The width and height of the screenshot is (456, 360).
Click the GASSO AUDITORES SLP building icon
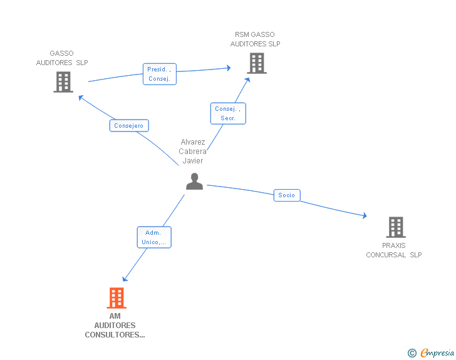coord(63,82)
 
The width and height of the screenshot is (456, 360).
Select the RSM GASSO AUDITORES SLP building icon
coord(257,63)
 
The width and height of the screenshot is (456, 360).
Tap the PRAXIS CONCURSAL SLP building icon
coord(396,227)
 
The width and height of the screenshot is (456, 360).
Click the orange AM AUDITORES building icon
coord(117,298)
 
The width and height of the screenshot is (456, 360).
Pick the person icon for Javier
coord(195,181)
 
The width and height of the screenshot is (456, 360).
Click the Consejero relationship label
coord(129,126)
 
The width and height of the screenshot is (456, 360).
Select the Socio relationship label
coord(287,195)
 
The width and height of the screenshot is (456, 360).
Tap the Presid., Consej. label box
coord(160,74)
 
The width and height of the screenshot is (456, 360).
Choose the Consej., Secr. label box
coord(228,113)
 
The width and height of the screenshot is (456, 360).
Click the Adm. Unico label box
coord(154,237)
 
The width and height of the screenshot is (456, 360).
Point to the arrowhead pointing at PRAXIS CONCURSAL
coord(365,215)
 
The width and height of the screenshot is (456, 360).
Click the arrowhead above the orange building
coord(125,279)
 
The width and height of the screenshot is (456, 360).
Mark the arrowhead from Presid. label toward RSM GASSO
coord(229,68)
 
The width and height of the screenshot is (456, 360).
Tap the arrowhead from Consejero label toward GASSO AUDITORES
coord(81,98)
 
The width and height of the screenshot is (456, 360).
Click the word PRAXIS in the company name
coord(394,245)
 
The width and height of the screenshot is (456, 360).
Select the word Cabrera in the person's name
coord(192,152)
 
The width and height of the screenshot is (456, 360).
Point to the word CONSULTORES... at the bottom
coord(115,335)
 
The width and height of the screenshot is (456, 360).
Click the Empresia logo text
coord(437,352)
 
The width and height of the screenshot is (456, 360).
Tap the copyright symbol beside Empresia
coord(412,353)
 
